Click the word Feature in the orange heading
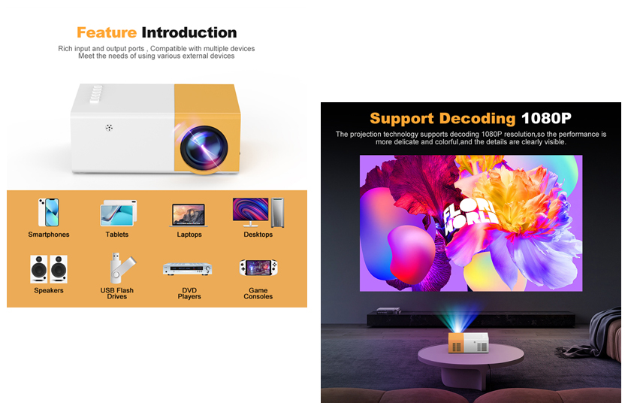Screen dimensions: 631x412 (x=107, y=32)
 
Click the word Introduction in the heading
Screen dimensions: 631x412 (x=189, y=32)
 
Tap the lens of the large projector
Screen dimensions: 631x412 (x=204, y=148)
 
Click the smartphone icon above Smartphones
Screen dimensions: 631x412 (x=49, y=212)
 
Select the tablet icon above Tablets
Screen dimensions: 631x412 (x=118, y=213)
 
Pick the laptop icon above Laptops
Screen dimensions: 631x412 (x=189, y=215)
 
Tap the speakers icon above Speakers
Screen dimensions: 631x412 (x=49, y=269)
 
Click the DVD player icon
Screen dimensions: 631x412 (x=188, y=268)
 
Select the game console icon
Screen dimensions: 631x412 (x=258, y=268)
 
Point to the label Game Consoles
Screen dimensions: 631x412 (x=258, y=293)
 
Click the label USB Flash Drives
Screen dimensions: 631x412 (x=116, y=293)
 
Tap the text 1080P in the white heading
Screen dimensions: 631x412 (x=546, y=118)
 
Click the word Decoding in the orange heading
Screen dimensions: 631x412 (x=477, y=118)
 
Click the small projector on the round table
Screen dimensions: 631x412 (x=469, y=343)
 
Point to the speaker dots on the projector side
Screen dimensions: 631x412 (x=109, y=128)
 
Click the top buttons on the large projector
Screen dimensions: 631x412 (x=96, y=93)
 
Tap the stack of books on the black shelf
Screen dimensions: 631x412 (x=388, y=311)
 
